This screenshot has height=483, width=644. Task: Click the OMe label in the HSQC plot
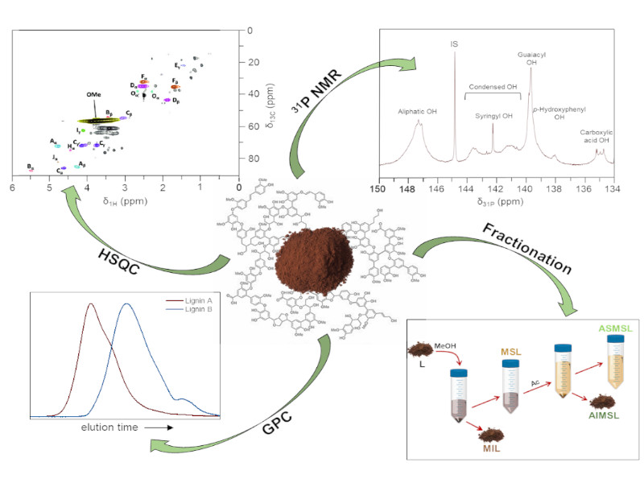tap(93, 94)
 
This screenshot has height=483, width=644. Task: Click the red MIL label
tap(490, 448)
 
